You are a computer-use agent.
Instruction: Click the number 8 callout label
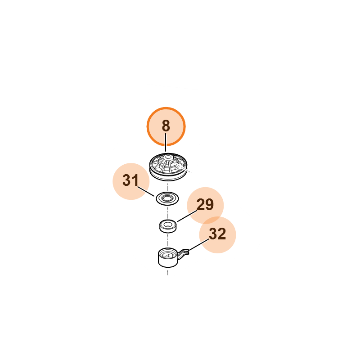[166, 126]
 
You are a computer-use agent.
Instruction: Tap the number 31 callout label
[130, 180]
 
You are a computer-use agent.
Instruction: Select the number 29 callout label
[205, 204]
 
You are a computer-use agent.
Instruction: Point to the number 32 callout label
[217, 234]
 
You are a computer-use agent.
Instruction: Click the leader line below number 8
[166, 142]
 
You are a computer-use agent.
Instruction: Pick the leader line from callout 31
[146, 191]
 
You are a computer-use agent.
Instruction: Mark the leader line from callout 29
[187, 216]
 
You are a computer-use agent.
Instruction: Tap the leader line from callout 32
[198, 245]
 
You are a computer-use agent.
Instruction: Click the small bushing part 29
[168, 226]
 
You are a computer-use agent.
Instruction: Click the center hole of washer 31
[167, 198]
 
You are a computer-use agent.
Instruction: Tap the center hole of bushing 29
[167, 223]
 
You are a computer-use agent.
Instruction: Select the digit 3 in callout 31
[126, 180]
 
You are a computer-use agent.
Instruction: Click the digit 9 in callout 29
[209, 204]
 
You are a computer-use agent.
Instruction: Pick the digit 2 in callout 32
[222, 234]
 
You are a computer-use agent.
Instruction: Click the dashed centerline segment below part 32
[167, 271]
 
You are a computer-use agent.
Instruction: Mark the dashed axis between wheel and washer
[167, 187]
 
